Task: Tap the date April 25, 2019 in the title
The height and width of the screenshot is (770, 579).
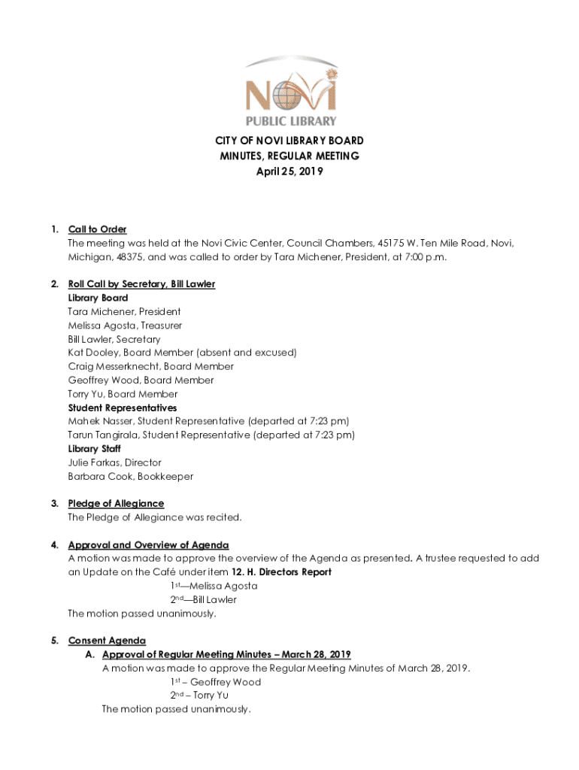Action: tap(289, 171)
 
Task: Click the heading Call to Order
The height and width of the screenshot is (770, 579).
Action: tap(97, 229)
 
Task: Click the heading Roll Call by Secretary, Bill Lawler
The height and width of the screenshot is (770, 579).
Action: tap(141, 284)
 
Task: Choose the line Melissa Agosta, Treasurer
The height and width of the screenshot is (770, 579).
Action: tap(125, 326)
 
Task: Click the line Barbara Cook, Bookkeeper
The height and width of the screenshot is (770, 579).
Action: tap(131, 476)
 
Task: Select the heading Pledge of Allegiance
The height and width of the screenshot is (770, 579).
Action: tap(116, 503)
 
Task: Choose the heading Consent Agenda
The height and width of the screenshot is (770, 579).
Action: tap(107, 641)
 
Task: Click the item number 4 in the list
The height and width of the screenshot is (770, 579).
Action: tap(54, 544)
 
